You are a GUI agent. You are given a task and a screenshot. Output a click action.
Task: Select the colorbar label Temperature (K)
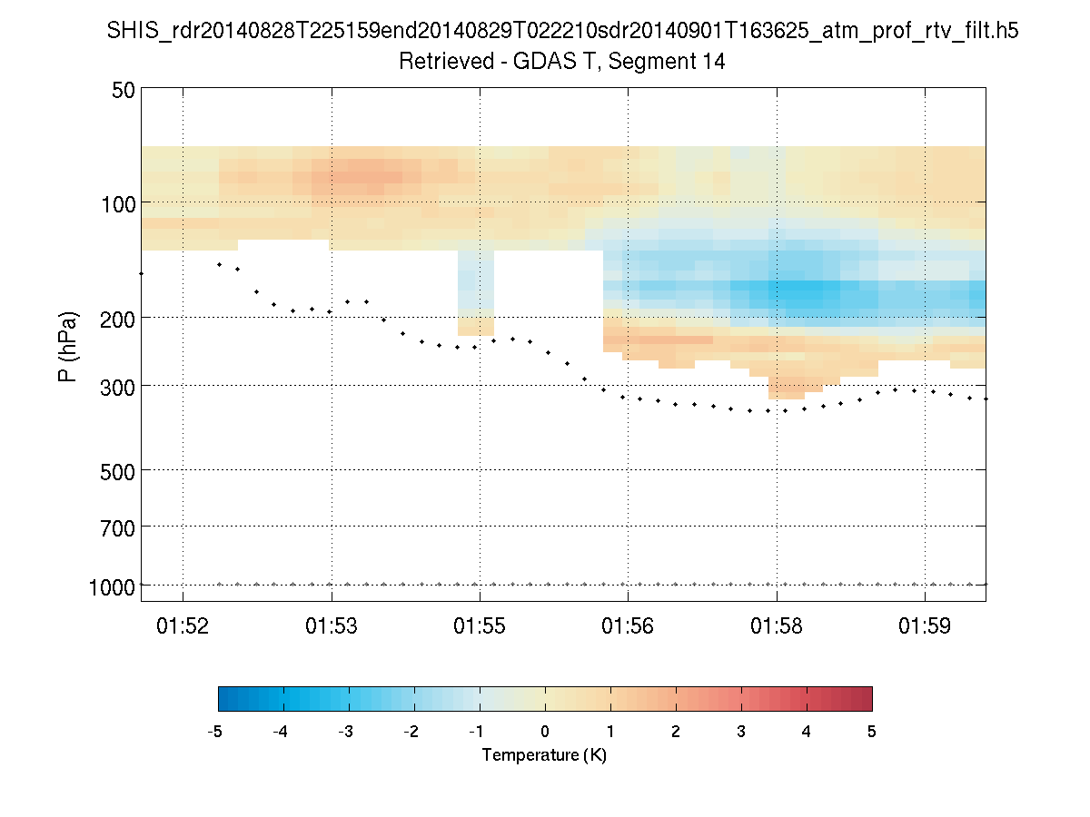pos(544,755)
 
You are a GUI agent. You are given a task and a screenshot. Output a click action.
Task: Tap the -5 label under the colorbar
pos(216,732)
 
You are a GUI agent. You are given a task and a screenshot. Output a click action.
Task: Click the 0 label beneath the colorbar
pos(545,732)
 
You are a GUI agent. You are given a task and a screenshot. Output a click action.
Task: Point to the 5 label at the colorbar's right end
pos(872,732)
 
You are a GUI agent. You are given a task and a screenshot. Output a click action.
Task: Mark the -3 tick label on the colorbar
pos(346,732)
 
